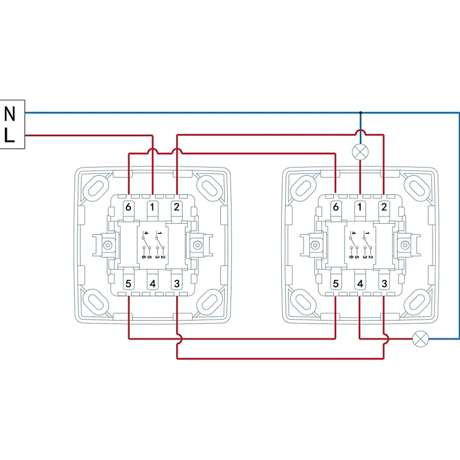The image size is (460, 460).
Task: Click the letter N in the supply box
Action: click(10, 115)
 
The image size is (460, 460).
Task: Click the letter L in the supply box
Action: click(10, 136)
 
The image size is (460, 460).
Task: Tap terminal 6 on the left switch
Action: click(128, 207)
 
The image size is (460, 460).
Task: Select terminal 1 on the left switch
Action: click(152, 207)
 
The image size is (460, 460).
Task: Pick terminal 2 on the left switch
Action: click(176, 207)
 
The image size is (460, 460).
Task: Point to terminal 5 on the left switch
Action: click(128, 283)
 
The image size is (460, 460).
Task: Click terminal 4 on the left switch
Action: click(152, 283)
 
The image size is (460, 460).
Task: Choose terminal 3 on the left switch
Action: click(176, 283)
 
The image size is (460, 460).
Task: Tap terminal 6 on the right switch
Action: click(336, 207)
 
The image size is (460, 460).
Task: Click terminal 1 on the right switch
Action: click(360, 207)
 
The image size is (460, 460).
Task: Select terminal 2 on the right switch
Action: click(384, 207)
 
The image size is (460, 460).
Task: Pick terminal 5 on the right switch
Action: click(336, 283)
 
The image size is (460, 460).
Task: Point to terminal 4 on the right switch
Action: click(360, 283)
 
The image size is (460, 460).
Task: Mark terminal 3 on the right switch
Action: click(384, 283)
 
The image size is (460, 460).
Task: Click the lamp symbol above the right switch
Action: click(360, 152)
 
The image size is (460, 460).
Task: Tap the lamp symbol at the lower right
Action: click(420, 339)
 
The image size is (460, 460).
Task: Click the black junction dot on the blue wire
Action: click(361, 113)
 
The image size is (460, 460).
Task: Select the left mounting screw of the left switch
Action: click(107, 244)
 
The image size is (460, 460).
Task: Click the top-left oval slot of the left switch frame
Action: click(96, 187)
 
